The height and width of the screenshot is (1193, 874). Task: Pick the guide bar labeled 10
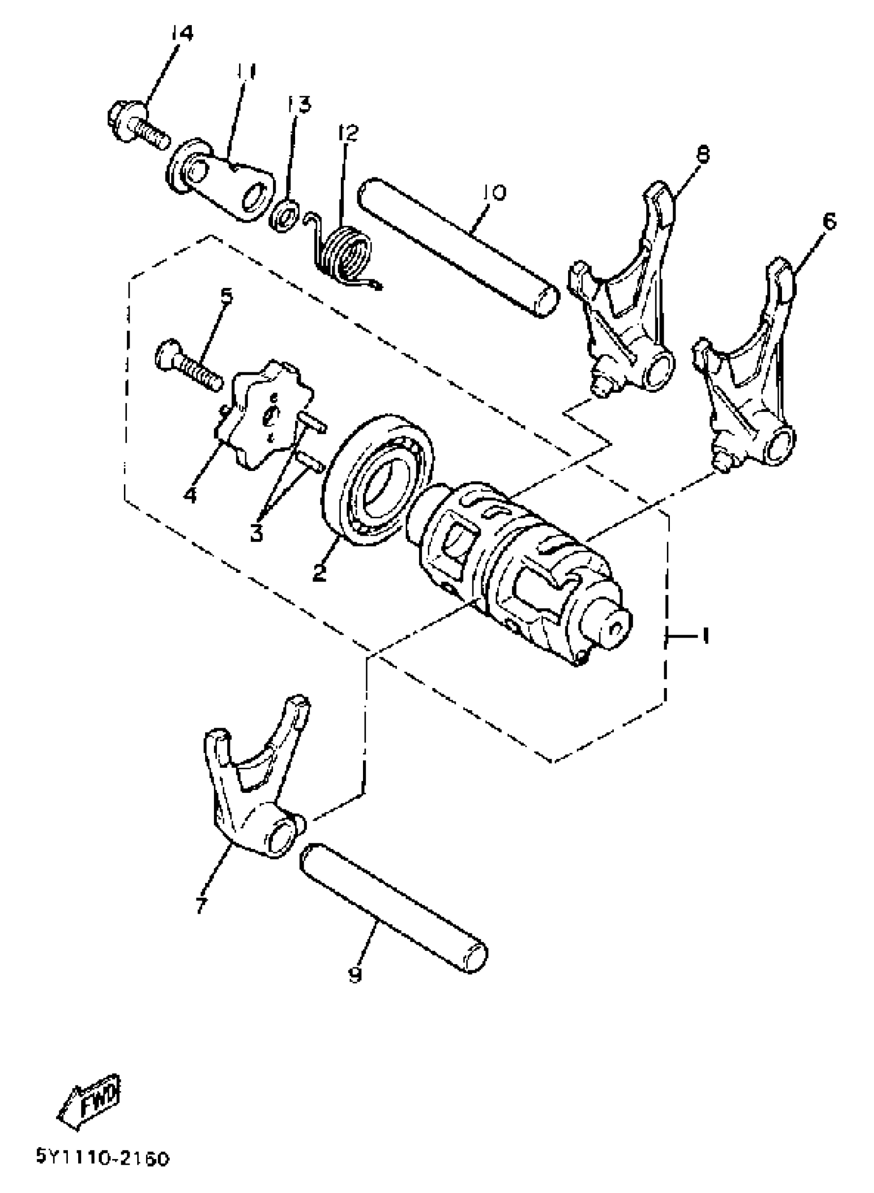(457, 249)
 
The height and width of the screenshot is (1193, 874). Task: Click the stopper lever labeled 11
(222, 183)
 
